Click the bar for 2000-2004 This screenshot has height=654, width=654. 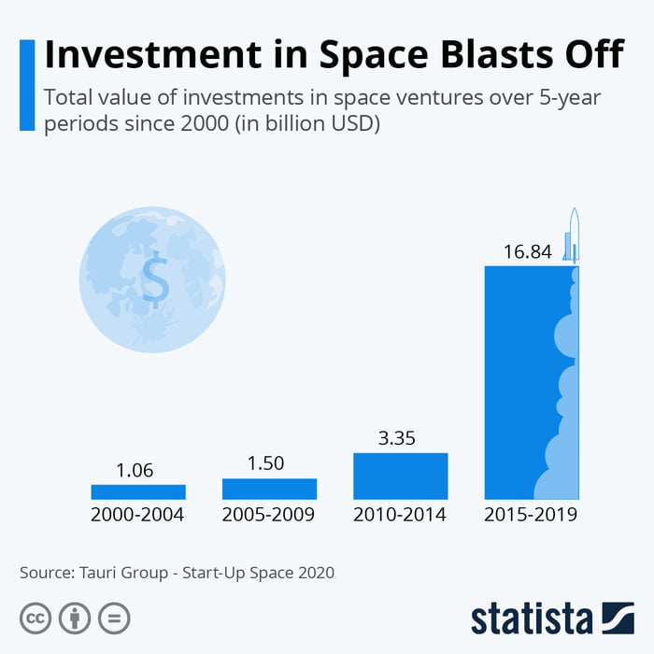tap(138, 491)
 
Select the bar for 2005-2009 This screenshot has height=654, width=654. tap(269, 489)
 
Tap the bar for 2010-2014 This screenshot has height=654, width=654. tap(401, 476)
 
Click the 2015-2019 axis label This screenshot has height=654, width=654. tap(532, 515)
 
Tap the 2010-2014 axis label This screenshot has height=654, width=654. tap(400, 515)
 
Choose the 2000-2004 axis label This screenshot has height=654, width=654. tap(138, 515)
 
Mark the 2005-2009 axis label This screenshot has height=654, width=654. tap(269, 515)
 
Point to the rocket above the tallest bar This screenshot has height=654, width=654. tap(573, 236)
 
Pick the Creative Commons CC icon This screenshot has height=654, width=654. tap(36, 618)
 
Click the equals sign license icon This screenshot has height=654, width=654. tap(114, 618)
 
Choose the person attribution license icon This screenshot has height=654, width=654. tap(75, 618)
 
